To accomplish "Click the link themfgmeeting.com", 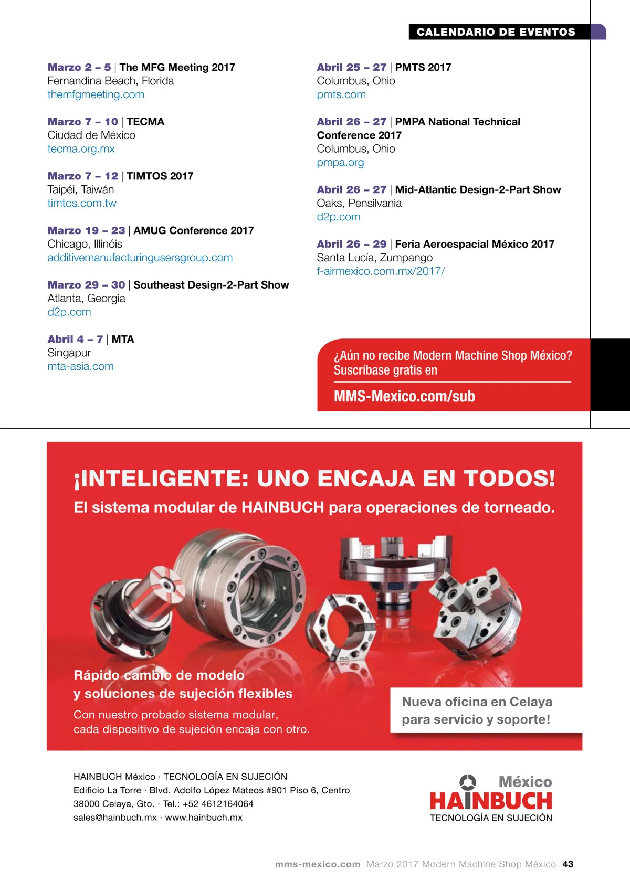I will pyautogui.click(x=96, y=94).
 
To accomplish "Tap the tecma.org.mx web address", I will pyautogui.click(x=81, y=149).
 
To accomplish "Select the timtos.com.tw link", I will pyautogui.click(x=82, y=204).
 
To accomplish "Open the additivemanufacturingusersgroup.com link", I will pyautogui.click(x=140, y=258).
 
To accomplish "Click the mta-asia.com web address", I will pyautogui.click(x=80, y=366).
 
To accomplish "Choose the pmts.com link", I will pyautogui.click(x=341, y=94).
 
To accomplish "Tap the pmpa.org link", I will pyautogui.click(x=340, y=163).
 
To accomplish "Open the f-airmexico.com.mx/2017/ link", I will pyautogui.click(x=381, y=271).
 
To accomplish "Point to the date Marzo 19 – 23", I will pyautogui.click(x=86, y=230).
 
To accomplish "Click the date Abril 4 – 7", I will pyautogui.click(x=75, y=340).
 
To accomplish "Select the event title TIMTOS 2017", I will pyautogui.click(x=160, y=176).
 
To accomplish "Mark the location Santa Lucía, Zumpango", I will pyautogui.click(x=374, y=258).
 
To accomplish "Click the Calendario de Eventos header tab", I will pyautogui.click(x=496, y=32).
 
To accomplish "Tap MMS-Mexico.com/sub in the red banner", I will pyautogui.click(x=404, y=396).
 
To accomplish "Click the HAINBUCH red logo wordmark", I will pyautogui.click(x=491, y=801).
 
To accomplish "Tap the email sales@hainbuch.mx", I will pyautogui.click(x=115, y=818).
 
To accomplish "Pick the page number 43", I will pyautogui.click(x=568, y=864).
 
